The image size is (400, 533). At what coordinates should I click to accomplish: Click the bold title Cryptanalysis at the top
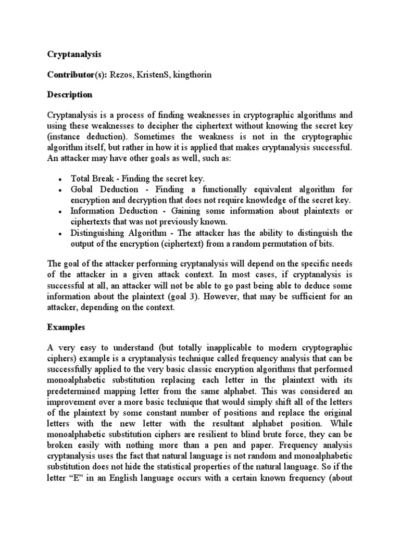click(74, 54)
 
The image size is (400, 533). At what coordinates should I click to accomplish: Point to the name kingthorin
click(193, 75)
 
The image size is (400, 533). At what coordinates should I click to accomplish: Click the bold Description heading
click(70, 95)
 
